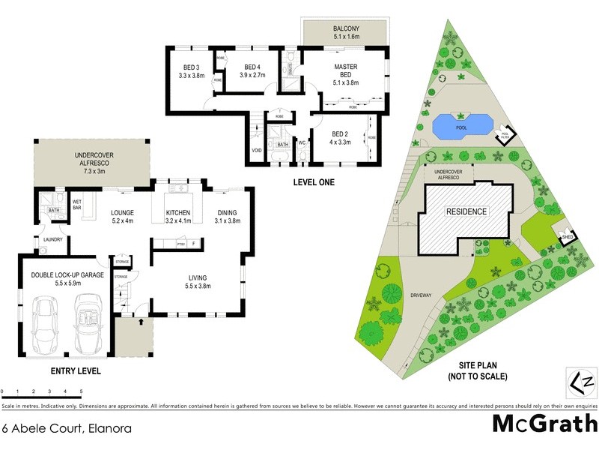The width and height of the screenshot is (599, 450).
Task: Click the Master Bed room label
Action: (345, 71)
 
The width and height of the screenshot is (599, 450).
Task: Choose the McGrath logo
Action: (544, 424)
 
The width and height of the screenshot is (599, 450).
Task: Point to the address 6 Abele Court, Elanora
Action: (67, 429)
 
